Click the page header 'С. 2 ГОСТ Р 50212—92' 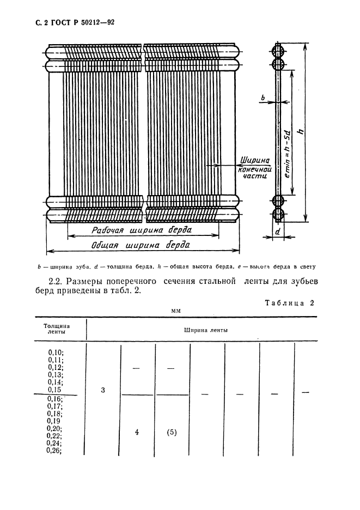pyautogui.click(x=62, y=22)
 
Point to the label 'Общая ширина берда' pyautogui.click(x=141, y=245)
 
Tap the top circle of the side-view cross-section pyautogui.click(x=278, y=51)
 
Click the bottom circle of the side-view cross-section pyautogui.click(x=278, y=214)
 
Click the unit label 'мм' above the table pyautogui.click(x=176, y=310)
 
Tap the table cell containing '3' pyautogui.click(x=103, y=390)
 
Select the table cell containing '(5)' pyautogui.click(x=172, y=433)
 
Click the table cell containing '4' pyautogui.click(x=137, y=433)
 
